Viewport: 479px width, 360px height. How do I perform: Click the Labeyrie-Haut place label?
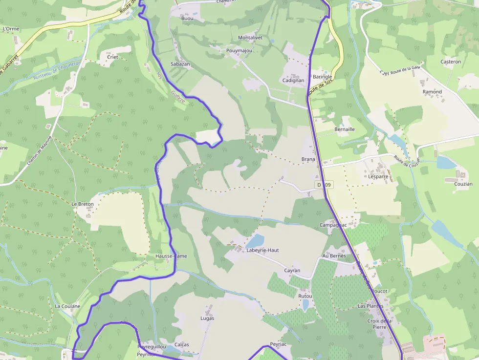(x=263, y=250)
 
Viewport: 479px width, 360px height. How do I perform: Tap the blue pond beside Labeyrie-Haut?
(x=256, y=241)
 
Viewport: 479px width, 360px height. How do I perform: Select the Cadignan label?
(x=293, y=80)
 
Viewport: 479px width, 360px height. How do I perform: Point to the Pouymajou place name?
(x=239, y=50)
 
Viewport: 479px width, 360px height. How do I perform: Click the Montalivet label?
(x=250, y=38)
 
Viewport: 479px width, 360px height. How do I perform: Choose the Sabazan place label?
(x=180, y=64)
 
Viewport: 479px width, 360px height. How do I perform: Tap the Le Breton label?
(x=82, y=204)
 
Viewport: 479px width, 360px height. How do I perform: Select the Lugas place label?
(x=207, y=318)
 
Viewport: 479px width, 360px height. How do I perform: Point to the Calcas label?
(x=182, y=344)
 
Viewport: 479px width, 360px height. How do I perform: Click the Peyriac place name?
(x=278, y=344)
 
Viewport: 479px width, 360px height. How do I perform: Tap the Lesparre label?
(x=378, y=176)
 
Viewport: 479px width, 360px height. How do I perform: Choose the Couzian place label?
(x=463, y=184)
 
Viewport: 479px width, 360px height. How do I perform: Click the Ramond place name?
(x=432, y=91)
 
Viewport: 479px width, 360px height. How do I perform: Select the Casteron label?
(x=451, y=62)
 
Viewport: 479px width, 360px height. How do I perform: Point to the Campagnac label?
(x=333, y=225)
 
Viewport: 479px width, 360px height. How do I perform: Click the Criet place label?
(x=112, y=57)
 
